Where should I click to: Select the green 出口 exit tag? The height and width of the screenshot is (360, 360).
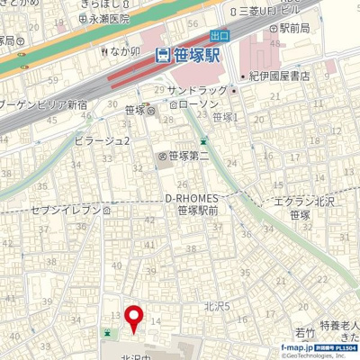[219, 34]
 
